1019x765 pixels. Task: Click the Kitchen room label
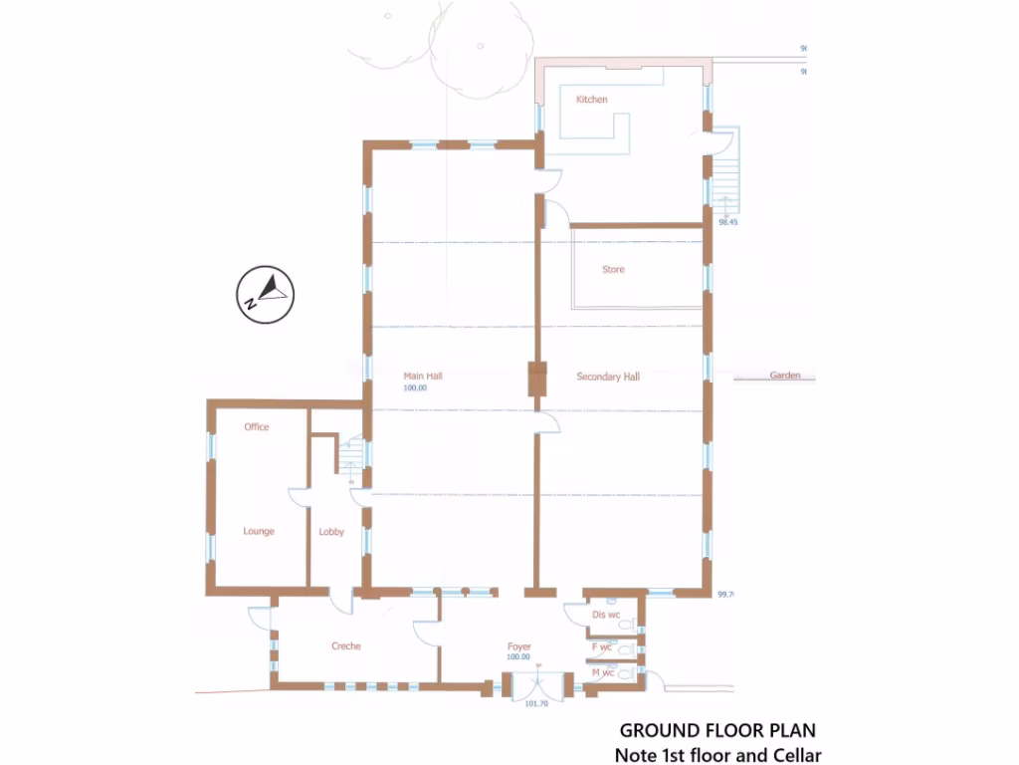point(591,100)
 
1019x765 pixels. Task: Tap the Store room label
point(613,270)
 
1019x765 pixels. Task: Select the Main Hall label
point(423,376)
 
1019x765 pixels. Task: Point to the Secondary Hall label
point(608,377)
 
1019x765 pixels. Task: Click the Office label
point(257,427)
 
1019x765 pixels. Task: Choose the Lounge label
point(259,532)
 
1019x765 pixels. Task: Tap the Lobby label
point(331,532)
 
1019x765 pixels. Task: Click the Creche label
point(346,646)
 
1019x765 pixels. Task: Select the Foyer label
point(518,647)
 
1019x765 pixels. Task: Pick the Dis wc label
point(606,615)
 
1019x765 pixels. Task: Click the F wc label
point(602,647)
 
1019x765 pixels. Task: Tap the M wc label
point(603,673)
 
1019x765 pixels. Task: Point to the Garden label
point(785,377)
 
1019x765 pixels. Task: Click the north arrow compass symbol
point(266,294)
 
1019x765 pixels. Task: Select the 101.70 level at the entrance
point(536,704)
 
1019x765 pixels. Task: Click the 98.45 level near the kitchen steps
point(727,223)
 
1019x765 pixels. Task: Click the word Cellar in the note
point(793,755)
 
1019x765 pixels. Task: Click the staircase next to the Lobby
point(350,459)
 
